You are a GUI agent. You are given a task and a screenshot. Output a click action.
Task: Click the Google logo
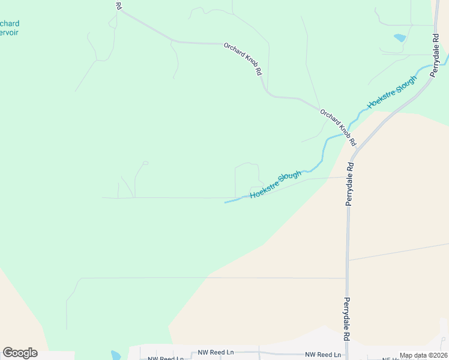(x=20, y=353)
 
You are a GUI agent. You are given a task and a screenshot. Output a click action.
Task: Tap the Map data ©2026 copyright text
(x=423, y=355)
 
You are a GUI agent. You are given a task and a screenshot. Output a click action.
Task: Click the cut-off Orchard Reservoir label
(x=10, y=28)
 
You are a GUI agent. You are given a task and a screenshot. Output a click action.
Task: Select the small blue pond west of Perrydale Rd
(x=399, y=38)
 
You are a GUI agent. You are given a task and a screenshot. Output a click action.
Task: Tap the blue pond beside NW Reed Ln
(x=116, y=355)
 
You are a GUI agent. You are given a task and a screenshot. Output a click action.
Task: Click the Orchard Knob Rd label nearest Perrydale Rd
(x=338, y=128)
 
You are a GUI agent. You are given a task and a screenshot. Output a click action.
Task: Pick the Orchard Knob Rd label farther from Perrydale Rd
(x=243, y=59)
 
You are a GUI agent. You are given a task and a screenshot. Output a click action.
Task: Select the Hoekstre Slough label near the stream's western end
(x=276, y=185)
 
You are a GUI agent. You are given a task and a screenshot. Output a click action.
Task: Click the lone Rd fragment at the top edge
(x=118, y=5)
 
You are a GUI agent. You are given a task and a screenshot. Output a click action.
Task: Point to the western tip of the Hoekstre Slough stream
(x=226, y=202)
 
